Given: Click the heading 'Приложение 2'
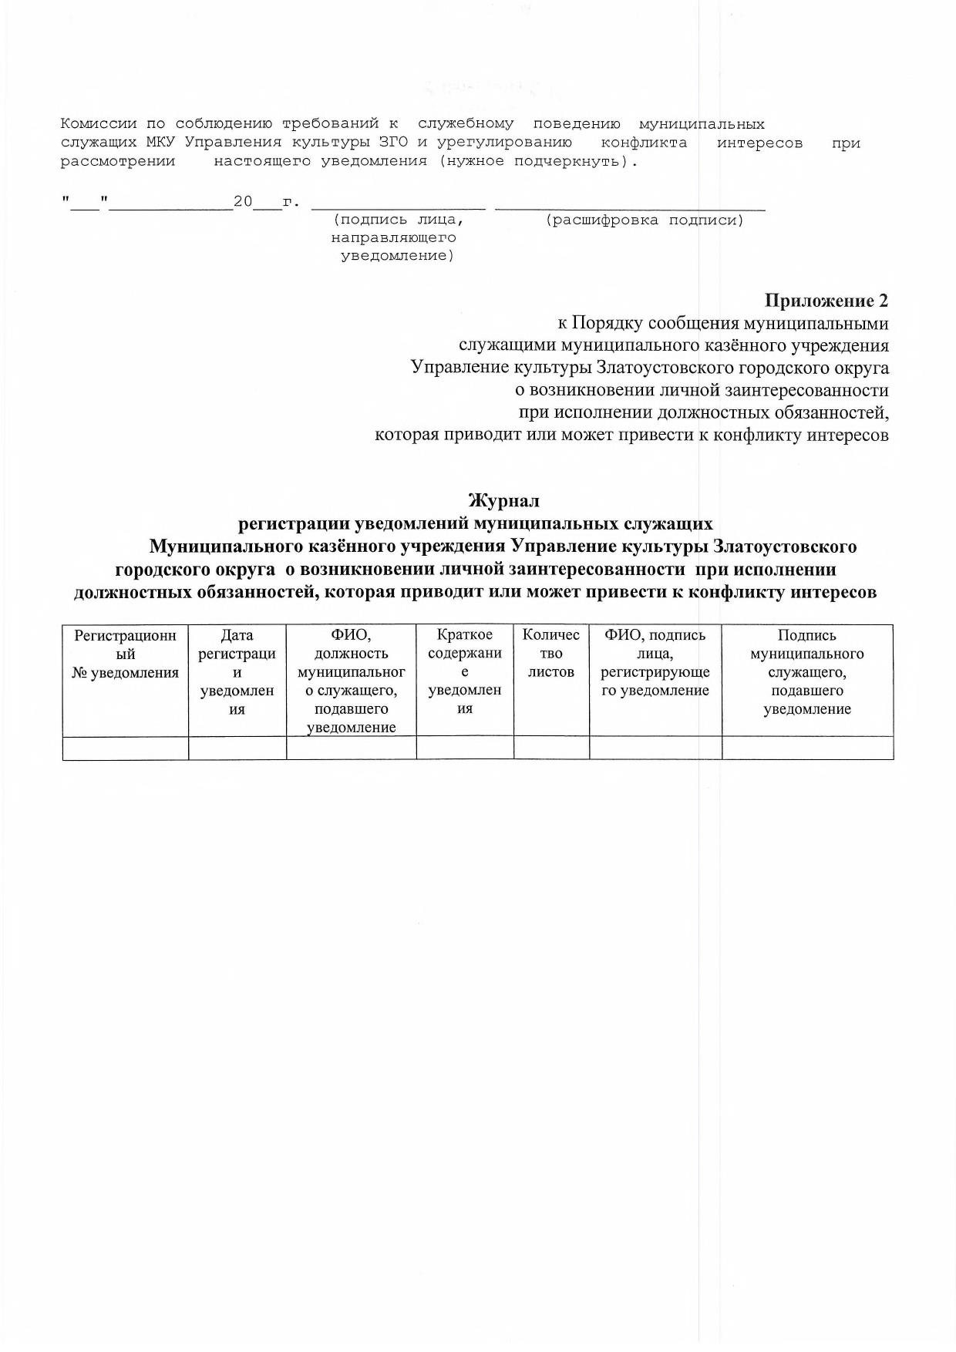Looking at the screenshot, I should [x=826, y=301].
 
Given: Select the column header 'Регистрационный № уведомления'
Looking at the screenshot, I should [x=126, y=654].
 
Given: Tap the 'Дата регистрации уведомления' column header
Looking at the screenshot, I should [x=237, y=672].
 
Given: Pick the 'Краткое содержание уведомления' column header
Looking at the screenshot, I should [x=465, y=672].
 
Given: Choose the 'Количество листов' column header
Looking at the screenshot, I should [x=551, y=654].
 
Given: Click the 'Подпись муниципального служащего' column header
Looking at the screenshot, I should [x=807, y=672].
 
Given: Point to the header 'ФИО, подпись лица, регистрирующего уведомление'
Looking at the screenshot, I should [x=655, y=663].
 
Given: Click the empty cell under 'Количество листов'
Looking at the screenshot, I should [x=551, y=748].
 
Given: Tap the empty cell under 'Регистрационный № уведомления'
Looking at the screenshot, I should [x=126, y=748].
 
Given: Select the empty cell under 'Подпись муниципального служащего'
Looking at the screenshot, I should [x=807, y=748].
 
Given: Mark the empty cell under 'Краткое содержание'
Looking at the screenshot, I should [x=465, y=748].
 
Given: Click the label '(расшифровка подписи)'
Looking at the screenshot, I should [x=644, y=221].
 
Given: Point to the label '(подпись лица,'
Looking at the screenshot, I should [x=398, y=221].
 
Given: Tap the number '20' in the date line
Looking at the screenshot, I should [x=243, y=202].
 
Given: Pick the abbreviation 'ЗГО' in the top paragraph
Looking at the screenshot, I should [x=393, y=143].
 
